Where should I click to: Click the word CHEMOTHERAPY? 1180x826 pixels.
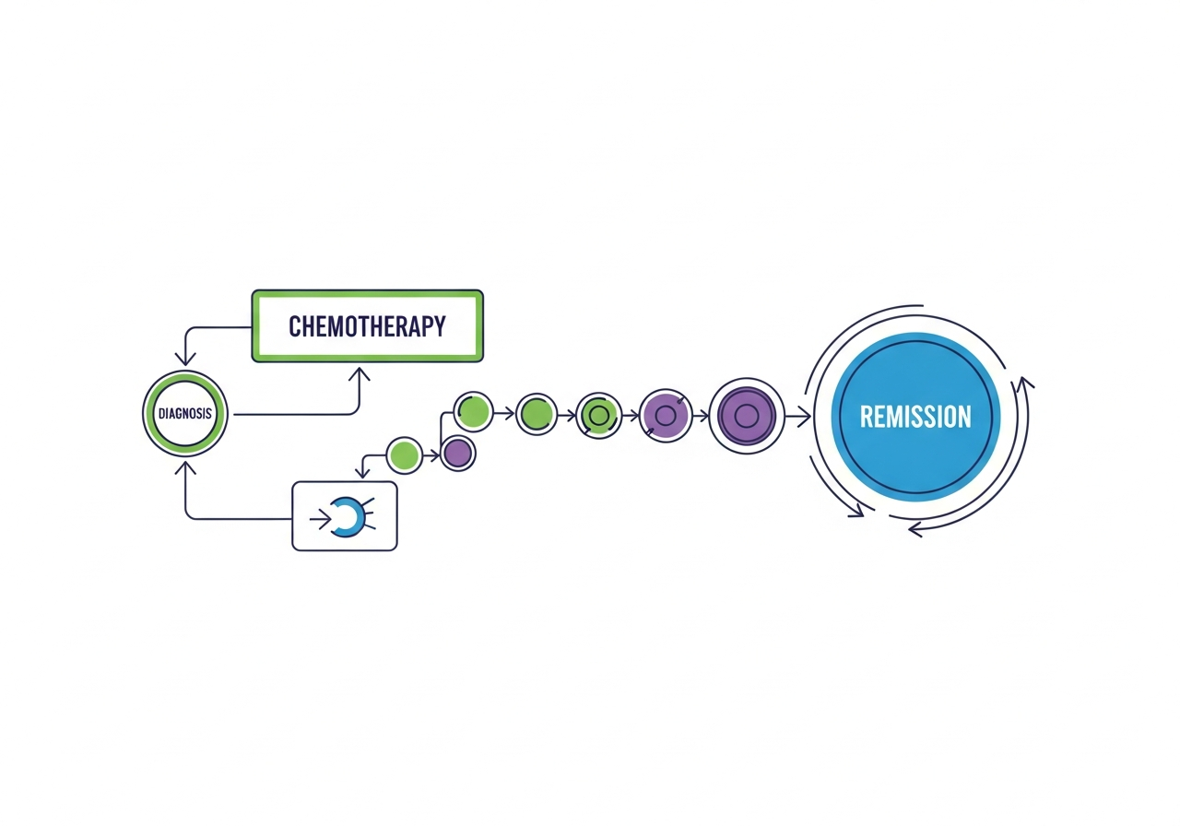point(367,325)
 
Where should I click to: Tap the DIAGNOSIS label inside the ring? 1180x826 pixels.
point(184,414)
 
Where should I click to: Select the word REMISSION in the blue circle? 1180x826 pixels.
point(915,417)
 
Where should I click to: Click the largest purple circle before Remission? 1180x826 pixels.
point(747,415)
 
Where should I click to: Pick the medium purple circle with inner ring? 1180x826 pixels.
point(666,415)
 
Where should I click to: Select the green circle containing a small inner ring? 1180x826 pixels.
point(598,415)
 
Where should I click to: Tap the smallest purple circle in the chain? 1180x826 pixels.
point(458,453)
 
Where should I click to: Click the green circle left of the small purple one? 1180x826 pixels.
point(404,454)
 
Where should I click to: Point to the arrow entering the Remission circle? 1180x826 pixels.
point(799,417)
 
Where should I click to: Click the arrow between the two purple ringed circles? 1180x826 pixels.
point(701,417)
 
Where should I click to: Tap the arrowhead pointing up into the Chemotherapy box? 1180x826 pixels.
point(359,374)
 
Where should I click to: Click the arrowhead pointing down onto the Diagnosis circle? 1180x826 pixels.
point(186,357)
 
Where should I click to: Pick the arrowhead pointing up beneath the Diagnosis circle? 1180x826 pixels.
point(186,468)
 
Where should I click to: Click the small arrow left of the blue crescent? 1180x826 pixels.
point(320,521)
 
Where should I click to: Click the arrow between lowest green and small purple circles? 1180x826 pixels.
point(431,455)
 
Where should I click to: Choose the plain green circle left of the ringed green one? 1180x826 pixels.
point(536,415)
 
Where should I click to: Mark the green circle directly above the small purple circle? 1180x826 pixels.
point(473,412)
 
